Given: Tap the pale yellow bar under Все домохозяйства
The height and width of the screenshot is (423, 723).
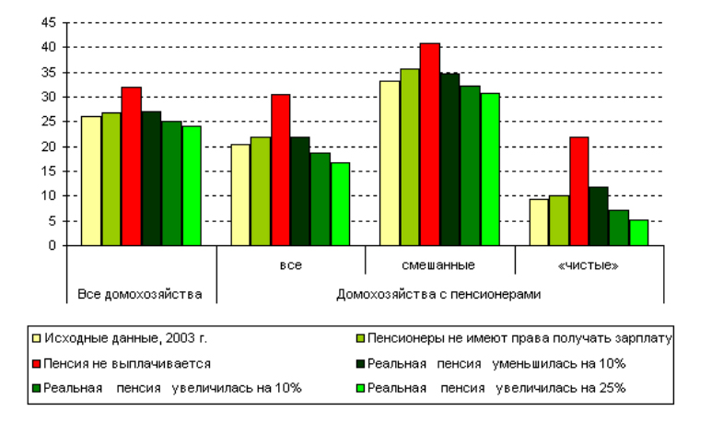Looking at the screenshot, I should pyautogui.click(x=91, y=181).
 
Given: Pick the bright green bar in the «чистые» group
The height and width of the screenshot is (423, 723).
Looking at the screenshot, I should pyautogui.click(x=639, y=232).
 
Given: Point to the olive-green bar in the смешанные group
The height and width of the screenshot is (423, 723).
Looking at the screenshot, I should pyautogui.click(x=409, y=158).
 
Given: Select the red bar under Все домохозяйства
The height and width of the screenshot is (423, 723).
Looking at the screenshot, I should pyautogui.click(x=132, y=167).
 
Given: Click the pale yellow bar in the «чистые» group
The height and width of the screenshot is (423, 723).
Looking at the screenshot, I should pyautogui.click(x=538, y=222).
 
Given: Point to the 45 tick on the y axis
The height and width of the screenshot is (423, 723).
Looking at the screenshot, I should pyautogui.click(x=50, y=22).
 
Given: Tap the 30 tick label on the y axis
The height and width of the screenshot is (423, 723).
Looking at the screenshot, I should pyautogui.click(x=50, y=97).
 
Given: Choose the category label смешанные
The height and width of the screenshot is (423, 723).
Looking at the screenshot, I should pyautogui.click(x=438, y=265).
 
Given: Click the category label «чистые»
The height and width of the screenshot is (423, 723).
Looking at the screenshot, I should pyautogui.click(x=589, y=265).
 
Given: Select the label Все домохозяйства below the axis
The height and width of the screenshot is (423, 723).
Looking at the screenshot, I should pyautogui.click(x=140, y=295).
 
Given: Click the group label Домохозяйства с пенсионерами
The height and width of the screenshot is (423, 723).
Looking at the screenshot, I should pyautogui.click(x=438, y=295).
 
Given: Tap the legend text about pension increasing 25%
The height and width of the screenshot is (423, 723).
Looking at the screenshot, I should pyautogui.click(x=496, y=388).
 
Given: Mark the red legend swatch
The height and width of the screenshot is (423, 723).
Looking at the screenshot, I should pyautogui.click(x=35, y=363).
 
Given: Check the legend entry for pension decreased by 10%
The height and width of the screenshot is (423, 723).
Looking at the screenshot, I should pyautogui.click(x=496, y=363).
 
